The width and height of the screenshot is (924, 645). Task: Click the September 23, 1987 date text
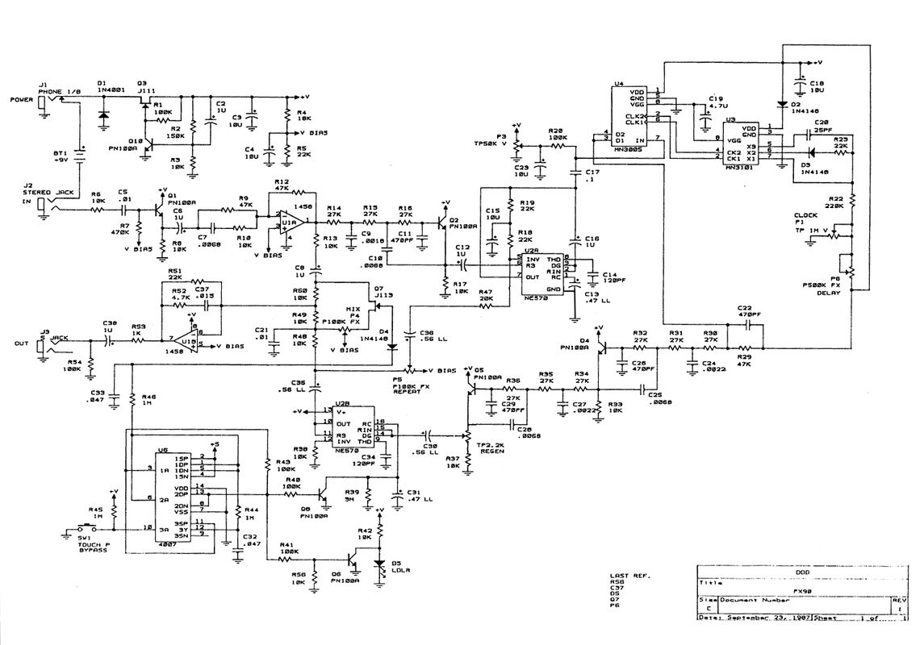point(763,618)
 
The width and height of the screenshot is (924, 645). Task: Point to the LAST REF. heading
point(629,576)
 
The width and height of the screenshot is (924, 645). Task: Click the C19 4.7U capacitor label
point(717,102)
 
